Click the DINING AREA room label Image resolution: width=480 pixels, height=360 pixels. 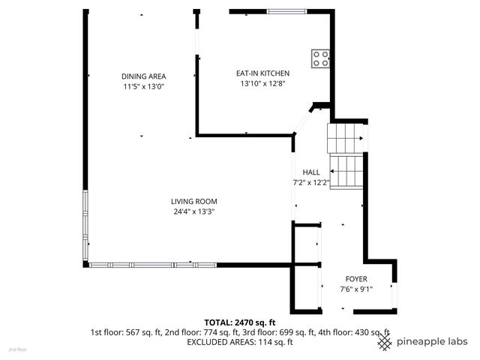point(143,76)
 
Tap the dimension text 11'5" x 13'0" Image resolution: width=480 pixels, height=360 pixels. point(143,87)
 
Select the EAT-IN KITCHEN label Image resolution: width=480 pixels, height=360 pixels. point(262,73)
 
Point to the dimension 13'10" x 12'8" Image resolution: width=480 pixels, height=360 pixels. point(262,83)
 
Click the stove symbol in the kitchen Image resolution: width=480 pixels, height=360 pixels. point(321,58)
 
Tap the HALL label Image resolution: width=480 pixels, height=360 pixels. point(310,172)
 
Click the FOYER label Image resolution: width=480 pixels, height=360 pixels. point(355,279)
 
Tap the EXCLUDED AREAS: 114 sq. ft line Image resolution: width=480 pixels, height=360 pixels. point(239,342)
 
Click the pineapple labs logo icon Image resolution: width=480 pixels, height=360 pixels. point(385,342)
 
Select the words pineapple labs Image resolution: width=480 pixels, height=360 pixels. point(432,342)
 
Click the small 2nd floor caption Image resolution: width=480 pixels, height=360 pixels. point(17,349)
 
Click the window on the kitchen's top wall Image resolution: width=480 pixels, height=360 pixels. point(285,11)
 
